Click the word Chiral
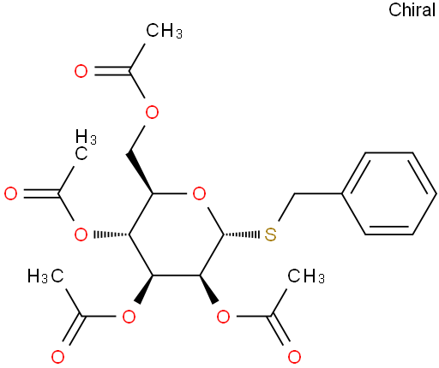coord(412,10)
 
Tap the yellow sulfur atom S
coord(270,234)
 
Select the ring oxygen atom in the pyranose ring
coord(199,193)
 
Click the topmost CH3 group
coord(164,30)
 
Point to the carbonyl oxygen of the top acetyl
coord(81,71)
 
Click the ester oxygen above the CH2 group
coord(152,112)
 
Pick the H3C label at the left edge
coord(45,276)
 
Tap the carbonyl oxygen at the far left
coord(11,193)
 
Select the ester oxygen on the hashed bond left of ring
coord(81,234)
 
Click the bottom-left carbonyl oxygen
coord(57,357)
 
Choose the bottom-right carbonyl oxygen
coord(294,357)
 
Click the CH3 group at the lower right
coord(306,276)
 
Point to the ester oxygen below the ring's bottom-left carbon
coord(129,316)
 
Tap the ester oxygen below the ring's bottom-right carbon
coord(223,316)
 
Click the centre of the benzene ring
coord(389,193)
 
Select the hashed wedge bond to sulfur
coord(241,234)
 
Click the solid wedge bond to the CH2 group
coord(141,173)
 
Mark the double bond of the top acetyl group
coord(112,71)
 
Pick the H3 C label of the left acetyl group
coord(85,144)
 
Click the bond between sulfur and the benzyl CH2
coord(286,207)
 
